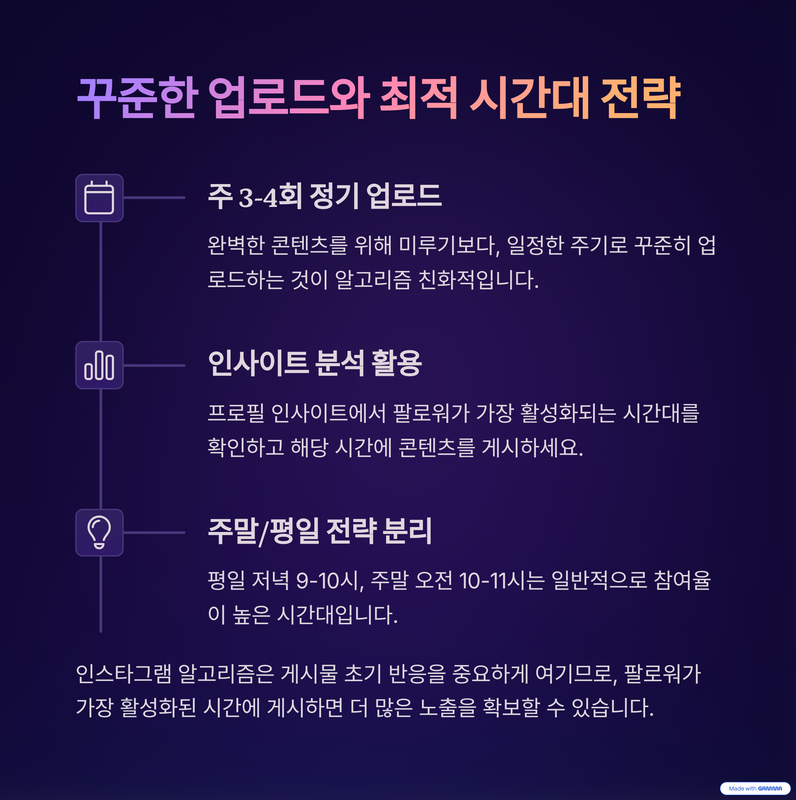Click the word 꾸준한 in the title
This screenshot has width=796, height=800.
(x=137, y=98)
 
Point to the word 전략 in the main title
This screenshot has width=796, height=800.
(x=640, y=98)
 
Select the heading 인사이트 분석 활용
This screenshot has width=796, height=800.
(x=315, y=364)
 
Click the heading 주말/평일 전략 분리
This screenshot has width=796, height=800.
(x=320, y=531)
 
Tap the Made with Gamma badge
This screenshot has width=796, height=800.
(x=755, y=788)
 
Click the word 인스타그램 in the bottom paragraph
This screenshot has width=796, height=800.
(x=123, y=674)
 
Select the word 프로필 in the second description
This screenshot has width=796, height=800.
(x=235, y=413)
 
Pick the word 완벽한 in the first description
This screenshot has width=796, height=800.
(x=236, y=245)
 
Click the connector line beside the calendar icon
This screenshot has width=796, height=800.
(x=154, y=198)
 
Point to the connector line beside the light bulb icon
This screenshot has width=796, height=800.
(x=154, y=533)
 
